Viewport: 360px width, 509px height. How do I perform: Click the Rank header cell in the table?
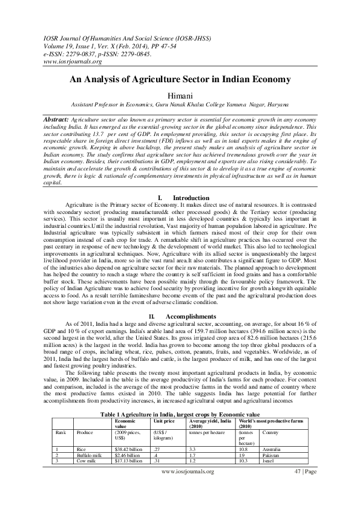[x=60, y=433]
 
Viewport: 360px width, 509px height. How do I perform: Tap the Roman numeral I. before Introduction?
[x=160, y=198]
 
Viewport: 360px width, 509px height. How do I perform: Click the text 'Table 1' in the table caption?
[x=111, y=413]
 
